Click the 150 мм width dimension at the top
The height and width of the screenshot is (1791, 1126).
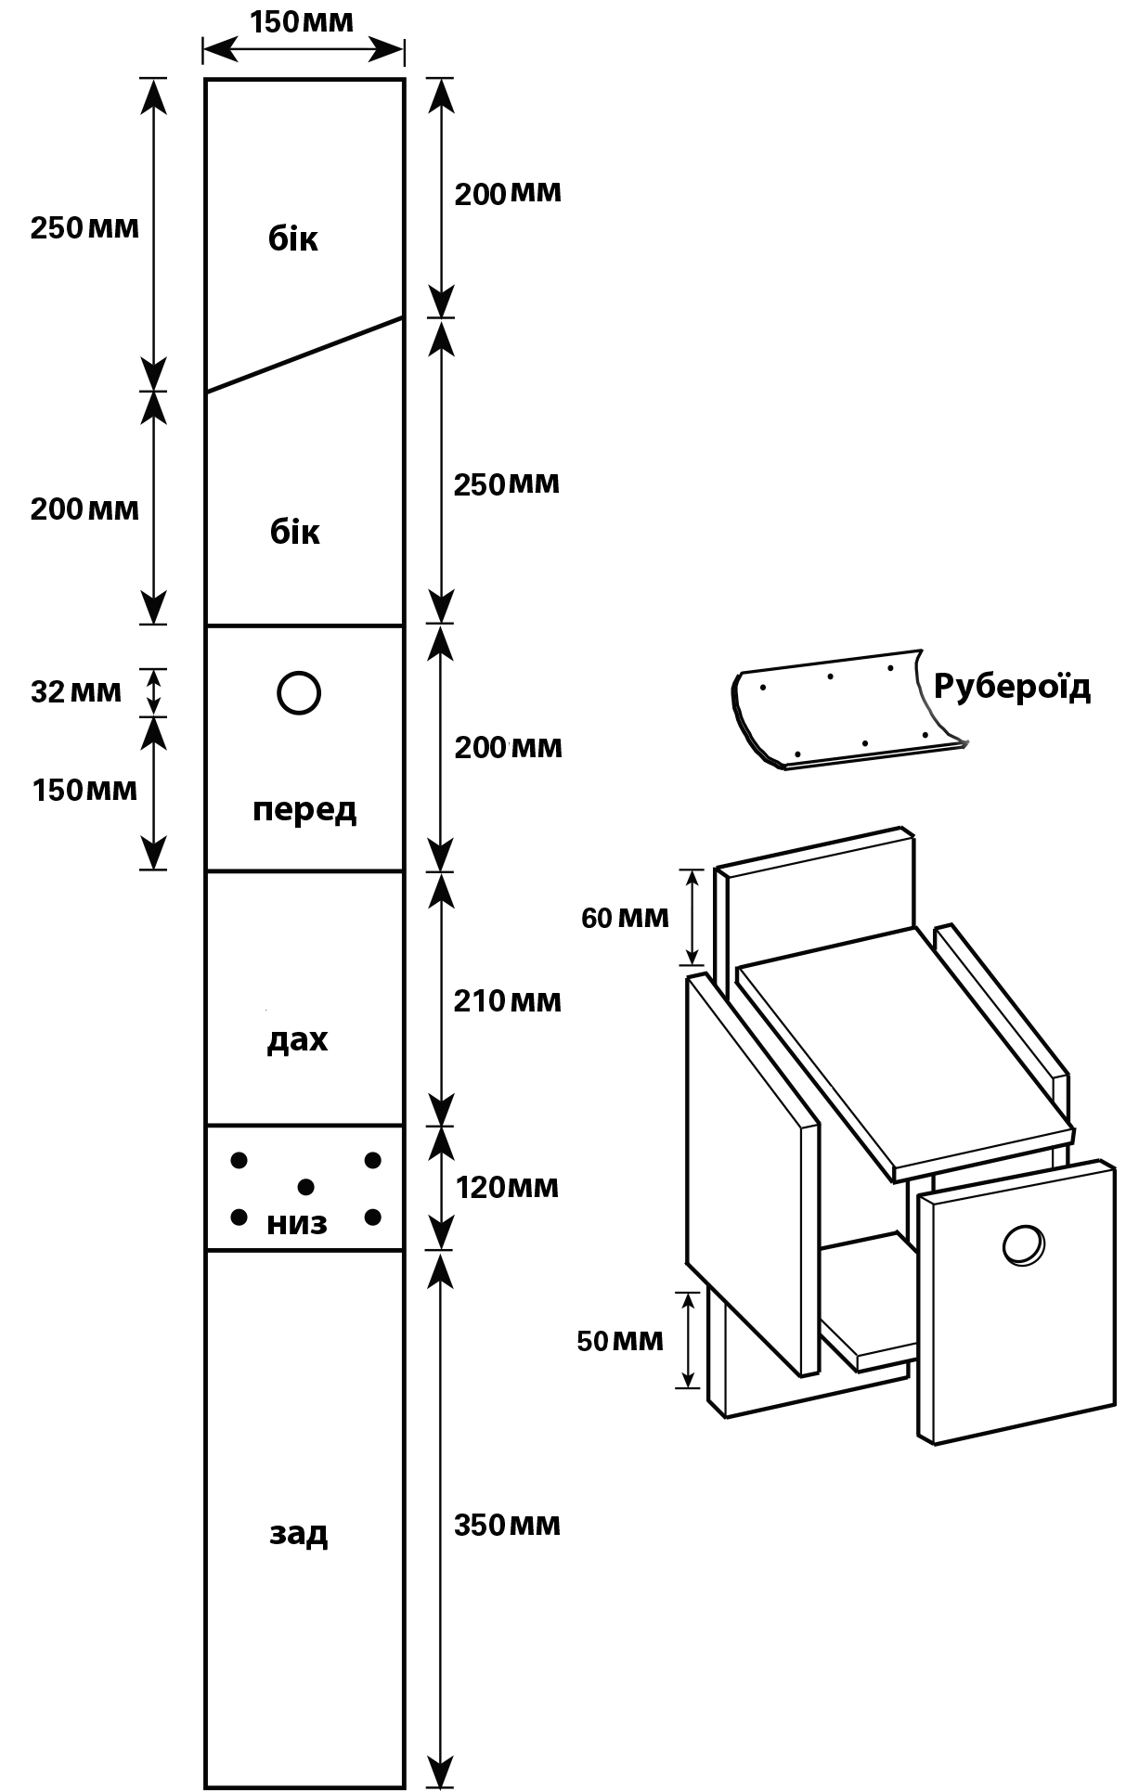pyautogui.click(x=302, y=20)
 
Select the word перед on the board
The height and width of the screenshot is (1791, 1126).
pyautogui.click(x=304, y=810)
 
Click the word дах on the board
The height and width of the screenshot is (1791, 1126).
pyautogui.click(x=298, y=1039)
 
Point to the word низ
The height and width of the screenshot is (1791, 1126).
pyautogui.click(x=297, y=1224)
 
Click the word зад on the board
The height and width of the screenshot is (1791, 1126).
pyautogui.click(x=299, y=1533)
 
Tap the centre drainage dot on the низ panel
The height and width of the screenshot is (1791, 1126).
pyautogui.click(x=305, y=1187)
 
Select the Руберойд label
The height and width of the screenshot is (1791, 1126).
pyautogui.click(x=1012, y=687)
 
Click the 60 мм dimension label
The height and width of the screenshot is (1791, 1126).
pyautogui.click(x=625, y=918)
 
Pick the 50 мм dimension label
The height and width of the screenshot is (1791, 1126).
pyautogui.click(x=620, y=1341)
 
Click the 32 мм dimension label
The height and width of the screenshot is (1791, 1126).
pyautogui.click(x=76, y=691)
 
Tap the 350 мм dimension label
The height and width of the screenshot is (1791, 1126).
pyautogui.click(x=507, y=1526)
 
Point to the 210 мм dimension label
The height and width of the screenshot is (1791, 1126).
pyautogui.click(x=508, y=1001)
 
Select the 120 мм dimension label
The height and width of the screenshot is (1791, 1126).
pyautogui.click(x=508, y=1187)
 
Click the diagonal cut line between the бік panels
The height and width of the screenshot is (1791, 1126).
pyautogui.click(x=304, y=354)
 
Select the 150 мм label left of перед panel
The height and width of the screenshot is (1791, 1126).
pyautogui.click(x=84, y=791)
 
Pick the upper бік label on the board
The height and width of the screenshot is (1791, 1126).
pyautogui.click(x=293, y=238)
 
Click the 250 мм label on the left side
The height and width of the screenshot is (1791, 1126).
pyautogui.click(x=84, y=227)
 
